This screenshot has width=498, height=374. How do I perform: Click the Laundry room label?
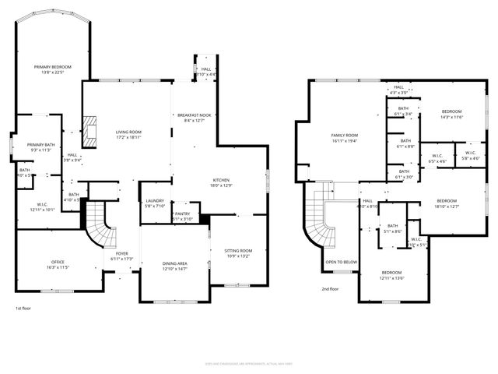pyautogui.click(x=155, y=203)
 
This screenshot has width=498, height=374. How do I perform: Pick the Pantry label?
pyautogui.click(x=182, y=216)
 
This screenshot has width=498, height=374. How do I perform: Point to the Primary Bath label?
pyautogui.click(x=40, y=147)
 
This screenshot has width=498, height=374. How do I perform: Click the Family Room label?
pyautogui.click(x=344, y=138)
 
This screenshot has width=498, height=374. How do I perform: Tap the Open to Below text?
pyautogui.click(x=341, y=262)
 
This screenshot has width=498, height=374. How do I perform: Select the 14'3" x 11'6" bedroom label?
pyautogui.click(x=451, y=114)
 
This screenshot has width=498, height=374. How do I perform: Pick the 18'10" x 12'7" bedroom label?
pyautogui.click(x=446, y=203)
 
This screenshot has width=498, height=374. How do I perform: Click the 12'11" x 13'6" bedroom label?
pyautogui.click(x=392, y=274)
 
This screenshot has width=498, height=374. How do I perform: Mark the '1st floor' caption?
pyautogui.click(x=23, y=309)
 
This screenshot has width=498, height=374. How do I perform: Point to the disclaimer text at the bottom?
pyautogui.click(x=248, y=362)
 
